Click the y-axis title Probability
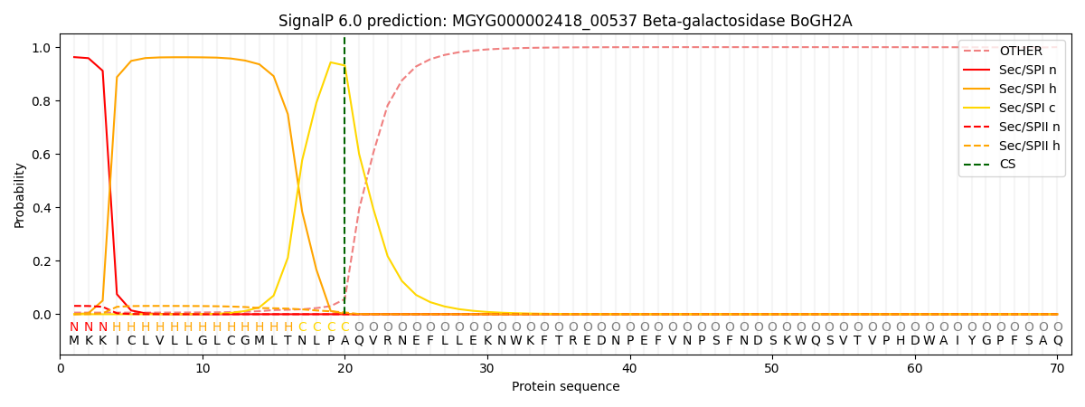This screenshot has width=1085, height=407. (20, 194)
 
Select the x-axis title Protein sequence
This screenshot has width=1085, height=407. (565, 387)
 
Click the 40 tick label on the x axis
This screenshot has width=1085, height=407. (629, 369)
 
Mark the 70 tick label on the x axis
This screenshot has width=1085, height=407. (1057, 369)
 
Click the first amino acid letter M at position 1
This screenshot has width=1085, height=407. (74, 341)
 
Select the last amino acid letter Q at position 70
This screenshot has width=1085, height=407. (1057, 341)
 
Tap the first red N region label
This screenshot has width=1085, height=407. (74, 327)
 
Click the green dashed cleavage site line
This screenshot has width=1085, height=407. (344, 181)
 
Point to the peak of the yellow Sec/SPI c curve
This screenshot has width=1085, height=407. (330, 62)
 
